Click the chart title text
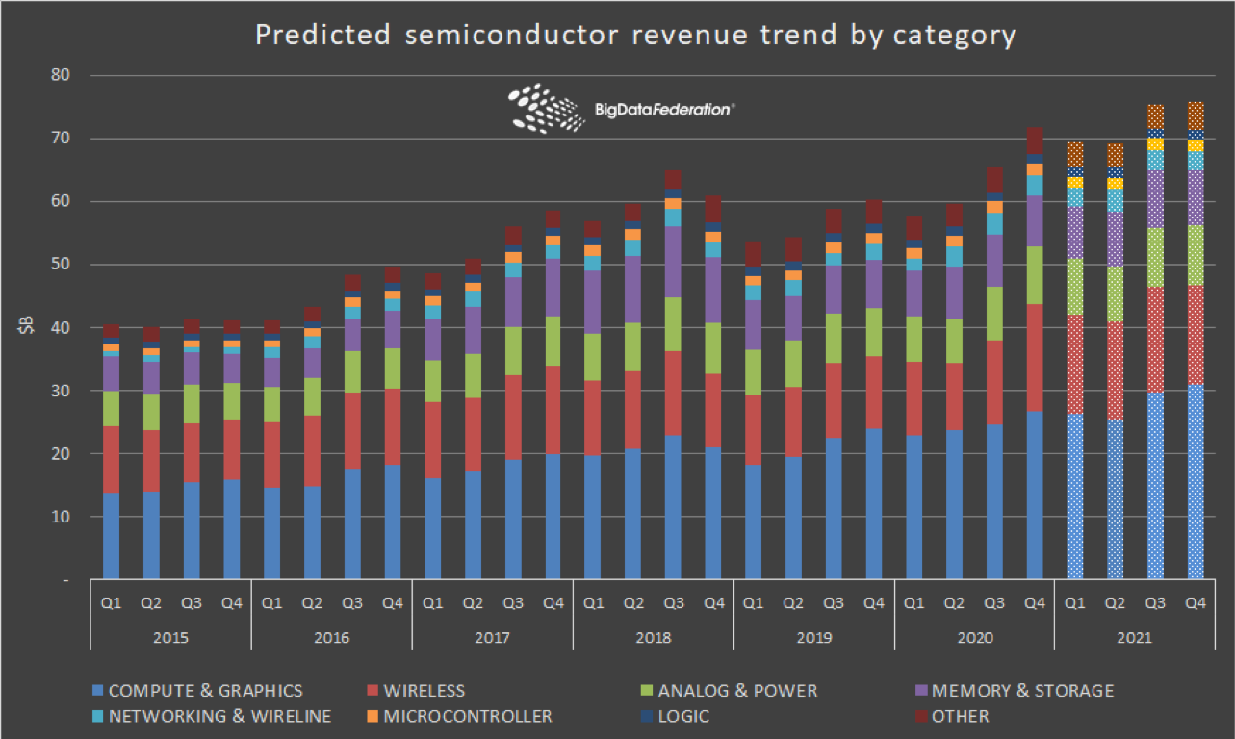pyautogui.click(x=634, y=35)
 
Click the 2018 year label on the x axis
pyautogui.click(x=654, y=637)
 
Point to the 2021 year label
pyautogui.click(x=1135, y=637)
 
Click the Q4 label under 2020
pyautogui.click(x=1035, y=603)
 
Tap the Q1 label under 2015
pyautogui.click(x=111, y=603)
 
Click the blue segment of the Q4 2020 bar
pyautogui.click(x=1035, y=496)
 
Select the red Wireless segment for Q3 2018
pyautogui.click(x=674, y=394)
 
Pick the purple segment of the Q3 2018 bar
pyautogui.click(x=674, y=262)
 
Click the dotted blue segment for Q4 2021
pyautogui.click(x=1195, y=481)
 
